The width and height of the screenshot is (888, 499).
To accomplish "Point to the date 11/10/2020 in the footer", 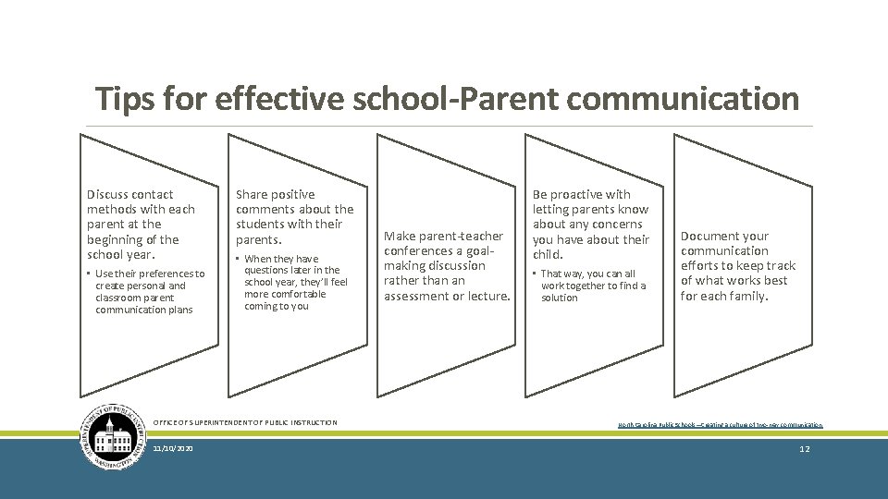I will click(x=173, y=447).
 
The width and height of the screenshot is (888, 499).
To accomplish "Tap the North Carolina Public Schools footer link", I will click(x=720, y=425).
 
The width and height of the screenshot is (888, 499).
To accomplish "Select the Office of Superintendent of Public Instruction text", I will click(x=245, y=422).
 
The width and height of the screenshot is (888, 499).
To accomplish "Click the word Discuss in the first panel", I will click(x=106, y=195).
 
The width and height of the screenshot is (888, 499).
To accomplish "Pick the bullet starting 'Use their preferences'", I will click(x=150, y=291).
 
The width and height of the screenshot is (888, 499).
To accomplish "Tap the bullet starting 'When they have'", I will click(x=295, y=282).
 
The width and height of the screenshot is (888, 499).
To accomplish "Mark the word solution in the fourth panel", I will click(x=560, y=298).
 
